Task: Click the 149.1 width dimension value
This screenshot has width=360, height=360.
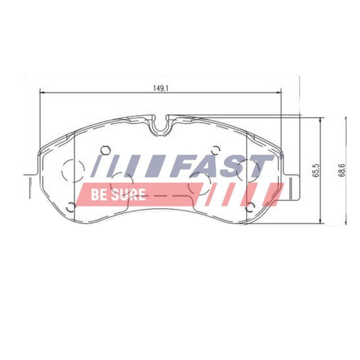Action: tap(159, 88)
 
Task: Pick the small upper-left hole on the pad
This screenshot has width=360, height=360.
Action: tap(105, 150)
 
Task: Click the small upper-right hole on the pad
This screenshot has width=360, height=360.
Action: tap(216, 150)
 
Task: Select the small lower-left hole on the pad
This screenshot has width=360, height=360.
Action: tap(70, 207)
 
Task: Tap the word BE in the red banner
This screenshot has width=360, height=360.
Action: tap(98, 194)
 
